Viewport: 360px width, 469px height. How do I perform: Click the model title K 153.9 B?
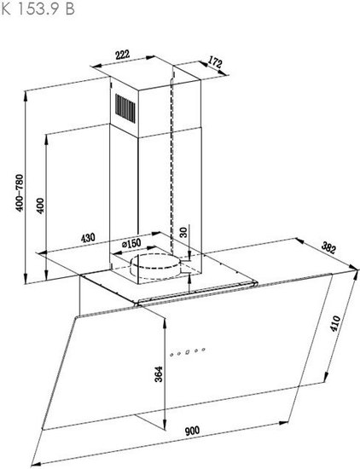(x=38, y=9)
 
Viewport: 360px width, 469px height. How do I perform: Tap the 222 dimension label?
(x=122, y=55)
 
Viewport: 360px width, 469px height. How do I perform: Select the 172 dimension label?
(x=215, y=62)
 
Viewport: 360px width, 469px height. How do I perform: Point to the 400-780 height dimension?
(x=20, y=193)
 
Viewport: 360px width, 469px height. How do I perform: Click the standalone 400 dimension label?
(x=40, y=206)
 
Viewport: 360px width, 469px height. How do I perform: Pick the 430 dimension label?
(x=88, y=238)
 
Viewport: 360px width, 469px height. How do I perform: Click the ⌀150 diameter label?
(x=131, y=244)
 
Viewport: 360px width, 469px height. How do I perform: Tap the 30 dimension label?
(x=184, y=232)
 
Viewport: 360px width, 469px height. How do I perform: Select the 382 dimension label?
(x=328, y=248)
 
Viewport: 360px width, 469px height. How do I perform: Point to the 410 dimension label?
(x=335, y=323)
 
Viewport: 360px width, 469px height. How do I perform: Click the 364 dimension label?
(x=159, y=373)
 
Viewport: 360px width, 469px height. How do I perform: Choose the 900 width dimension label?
(x=192, y=431)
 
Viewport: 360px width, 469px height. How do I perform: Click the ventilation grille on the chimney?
(x=125, y=108)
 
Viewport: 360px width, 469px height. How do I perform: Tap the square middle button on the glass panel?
(x=188, y=351)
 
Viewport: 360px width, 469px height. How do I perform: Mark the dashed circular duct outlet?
(x=155, y=267)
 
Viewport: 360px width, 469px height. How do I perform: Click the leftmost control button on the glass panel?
(x=171, y=355)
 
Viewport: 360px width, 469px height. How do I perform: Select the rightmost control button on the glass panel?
(x=204, y=349)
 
